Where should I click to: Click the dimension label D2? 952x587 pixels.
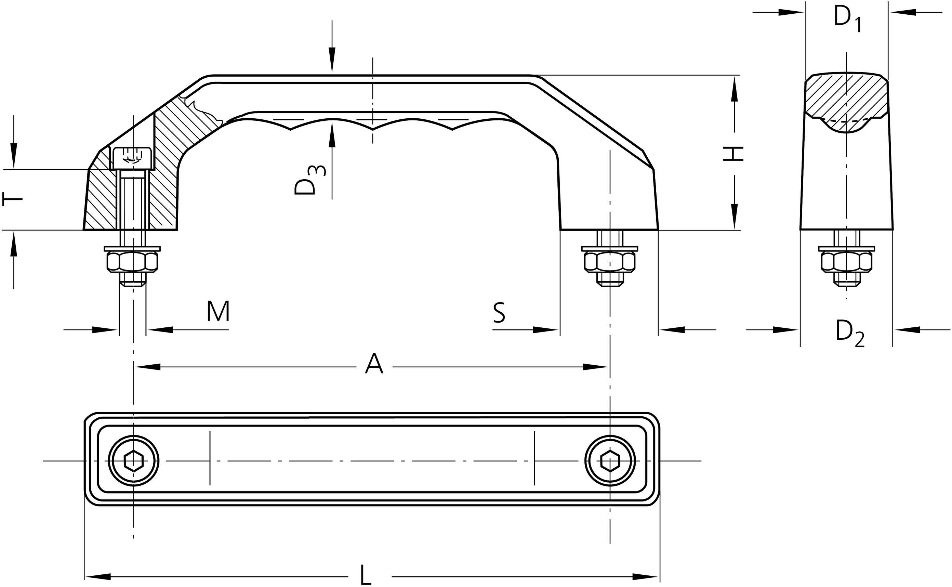[849, 333]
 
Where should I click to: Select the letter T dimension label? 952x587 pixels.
[12, 199]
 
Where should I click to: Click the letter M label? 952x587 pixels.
[218, 311]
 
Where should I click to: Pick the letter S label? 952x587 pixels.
[499, 313]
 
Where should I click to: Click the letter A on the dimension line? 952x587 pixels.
[374, 364]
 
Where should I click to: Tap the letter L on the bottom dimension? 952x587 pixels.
[365, 575]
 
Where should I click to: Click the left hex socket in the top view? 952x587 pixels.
[133, 461]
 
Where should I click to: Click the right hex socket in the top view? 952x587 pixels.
[610, 461]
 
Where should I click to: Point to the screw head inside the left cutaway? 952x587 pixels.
[132, 158]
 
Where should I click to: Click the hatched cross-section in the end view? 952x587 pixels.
[846, 97]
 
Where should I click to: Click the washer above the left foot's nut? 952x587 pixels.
[132, 248]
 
